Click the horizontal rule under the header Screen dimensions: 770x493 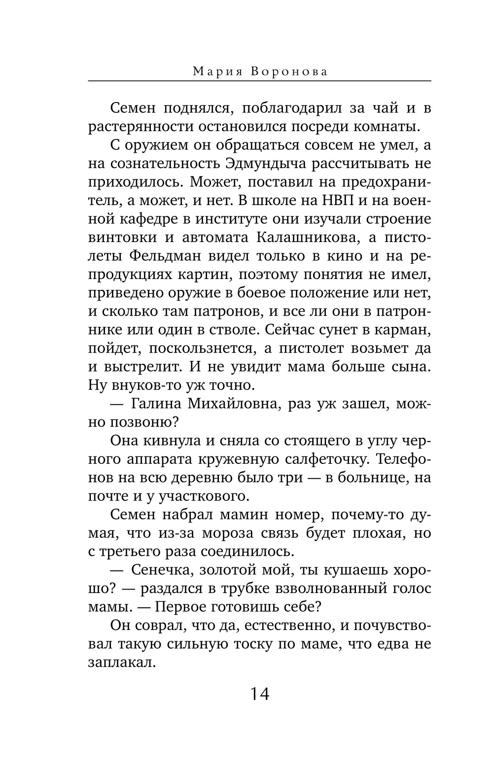click(x=259, y=81)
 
